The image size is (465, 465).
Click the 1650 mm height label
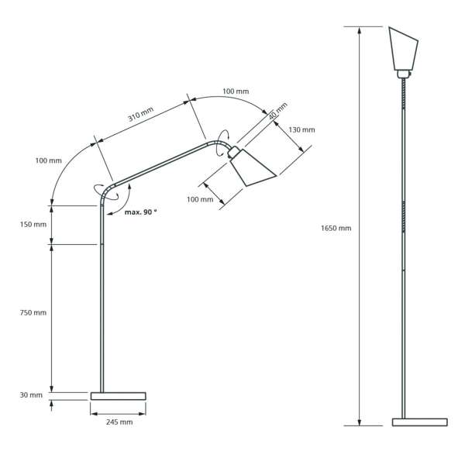point(336,228)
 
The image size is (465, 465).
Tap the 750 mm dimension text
point(33,312)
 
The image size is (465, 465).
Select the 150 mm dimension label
point(33,225)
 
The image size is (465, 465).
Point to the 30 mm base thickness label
point(31,395)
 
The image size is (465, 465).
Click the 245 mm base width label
point(119,422)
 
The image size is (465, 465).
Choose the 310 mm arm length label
point(140,114)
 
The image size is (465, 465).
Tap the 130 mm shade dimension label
point(301,130)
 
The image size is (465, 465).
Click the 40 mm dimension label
point(278,111)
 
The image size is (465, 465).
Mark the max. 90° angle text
point(140,212)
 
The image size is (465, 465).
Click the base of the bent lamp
point(118,396)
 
